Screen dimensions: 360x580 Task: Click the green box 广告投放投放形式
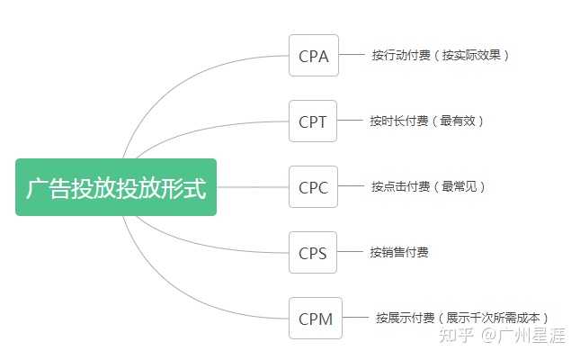coord(116,187)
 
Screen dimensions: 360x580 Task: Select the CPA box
coord(313,56)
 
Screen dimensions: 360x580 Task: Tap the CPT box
coord(313,121)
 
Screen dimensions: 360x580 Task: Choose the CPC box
coord(313,187)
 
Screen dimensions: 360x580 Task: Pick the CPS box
coord(313,253)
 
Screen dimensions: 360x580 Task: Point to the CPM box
coord(315,319)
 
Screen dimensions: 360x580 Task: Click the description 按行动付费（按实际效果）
coord(441,56)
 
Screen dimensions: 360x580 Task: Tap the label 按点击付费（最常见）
coord(428,187)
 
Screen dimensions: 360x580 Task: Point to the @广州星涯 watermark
coord(525,336)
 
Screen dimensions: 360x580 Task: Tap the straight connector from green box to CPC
coord(253,187)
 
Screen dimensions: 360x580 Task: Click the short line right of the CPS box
coord(349,253)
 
